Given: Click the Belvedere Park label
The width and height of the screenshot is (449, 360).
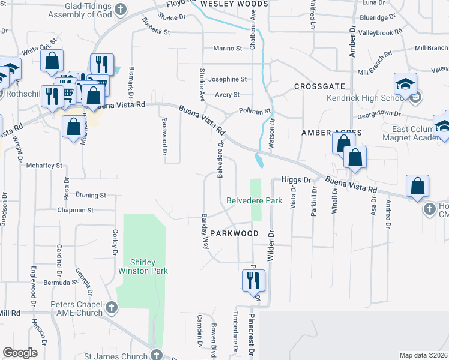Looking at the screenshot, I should (254, 201).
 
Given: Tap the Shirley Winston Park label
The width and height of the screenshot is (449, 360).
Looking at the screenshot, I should (149, 266).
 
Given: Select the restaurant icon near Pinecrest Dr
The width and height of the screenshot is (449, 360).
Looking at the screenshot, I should (253, 280).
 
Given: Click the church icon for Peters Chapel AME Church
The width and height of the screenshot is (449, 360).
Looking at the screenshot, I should (111, 308).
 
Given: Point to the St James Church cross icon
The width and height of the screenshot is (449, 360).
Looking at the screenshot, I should (157, 355).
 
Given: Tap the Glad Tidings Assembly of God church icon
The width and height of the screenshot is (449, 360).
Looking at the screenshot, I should (121, 10).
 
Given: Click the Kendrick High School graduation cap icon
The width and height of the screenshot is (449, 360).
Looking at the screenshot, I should (405, 83).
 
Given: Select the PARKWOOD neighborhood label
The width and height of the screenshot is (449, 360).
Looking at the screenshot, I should (234, 233).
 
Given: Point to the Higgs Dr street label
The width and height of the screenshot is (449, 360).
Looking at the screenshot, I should (297, 179).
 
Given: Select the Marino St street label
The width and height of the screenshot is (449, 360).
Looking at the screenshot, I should (228, 49).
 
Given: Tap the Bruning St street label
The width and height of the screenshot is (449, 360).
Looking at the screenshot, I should (91, 195).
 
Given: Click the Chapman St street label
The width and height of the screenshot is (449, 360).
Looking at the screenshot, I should (76, 211).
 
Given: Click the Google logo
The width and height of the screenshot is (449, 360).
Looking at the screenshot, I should (20, 353).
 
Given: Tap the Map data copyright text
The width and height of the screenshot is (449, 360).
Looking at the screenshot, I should (423, 355).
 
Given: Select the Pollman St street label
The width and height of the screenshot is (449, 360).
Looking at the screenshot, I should (255, 112).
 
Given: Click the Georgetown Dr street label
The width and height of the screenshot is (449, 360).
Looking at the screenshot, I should (379, 113).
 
